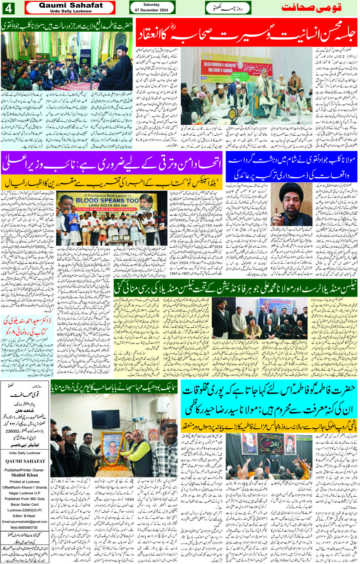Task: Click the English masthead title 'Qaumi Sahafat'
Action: pyautogui.click(x=70, y=5)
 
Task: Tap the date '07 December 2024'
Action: pyautogui.click(x=152, y=10)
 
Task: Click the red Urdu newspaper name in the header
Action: pyautogui.click(x=311, y=8)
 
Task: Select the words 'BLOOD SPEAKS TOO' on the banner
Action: pyautogui.click(x=107, y=200)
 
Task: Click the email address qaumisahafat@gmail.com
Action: pyautogui.click(x=25, y=522)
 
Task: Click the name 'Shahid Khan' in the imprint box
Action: pyautogui.click(x=24, y=475)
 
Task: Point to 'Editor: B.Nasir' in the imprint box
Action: pyautogui.click(x=24, y=516)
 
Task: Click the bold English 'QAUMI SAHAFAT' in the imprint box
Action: pyautogui.click(x=25, y=461)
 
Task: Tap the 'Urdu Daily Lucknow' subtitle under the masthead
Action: pyautogui.click(x=70, y=11)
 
